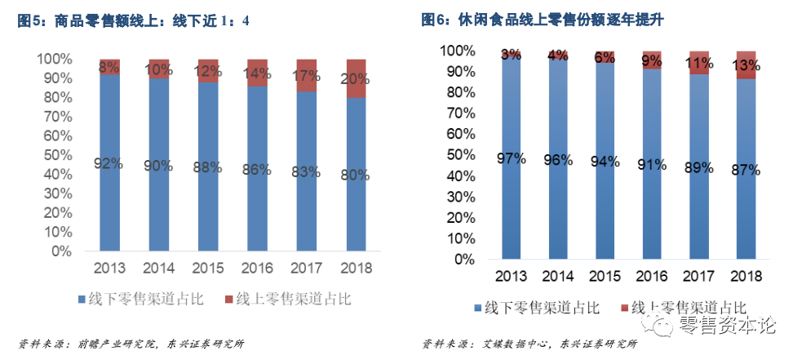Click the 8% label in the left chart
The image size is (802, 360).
pos(109,68)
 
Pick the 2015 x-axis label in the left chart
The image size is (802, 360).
pos(208,268)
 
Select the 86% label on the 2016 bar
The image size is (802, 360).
pos(256,170)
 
